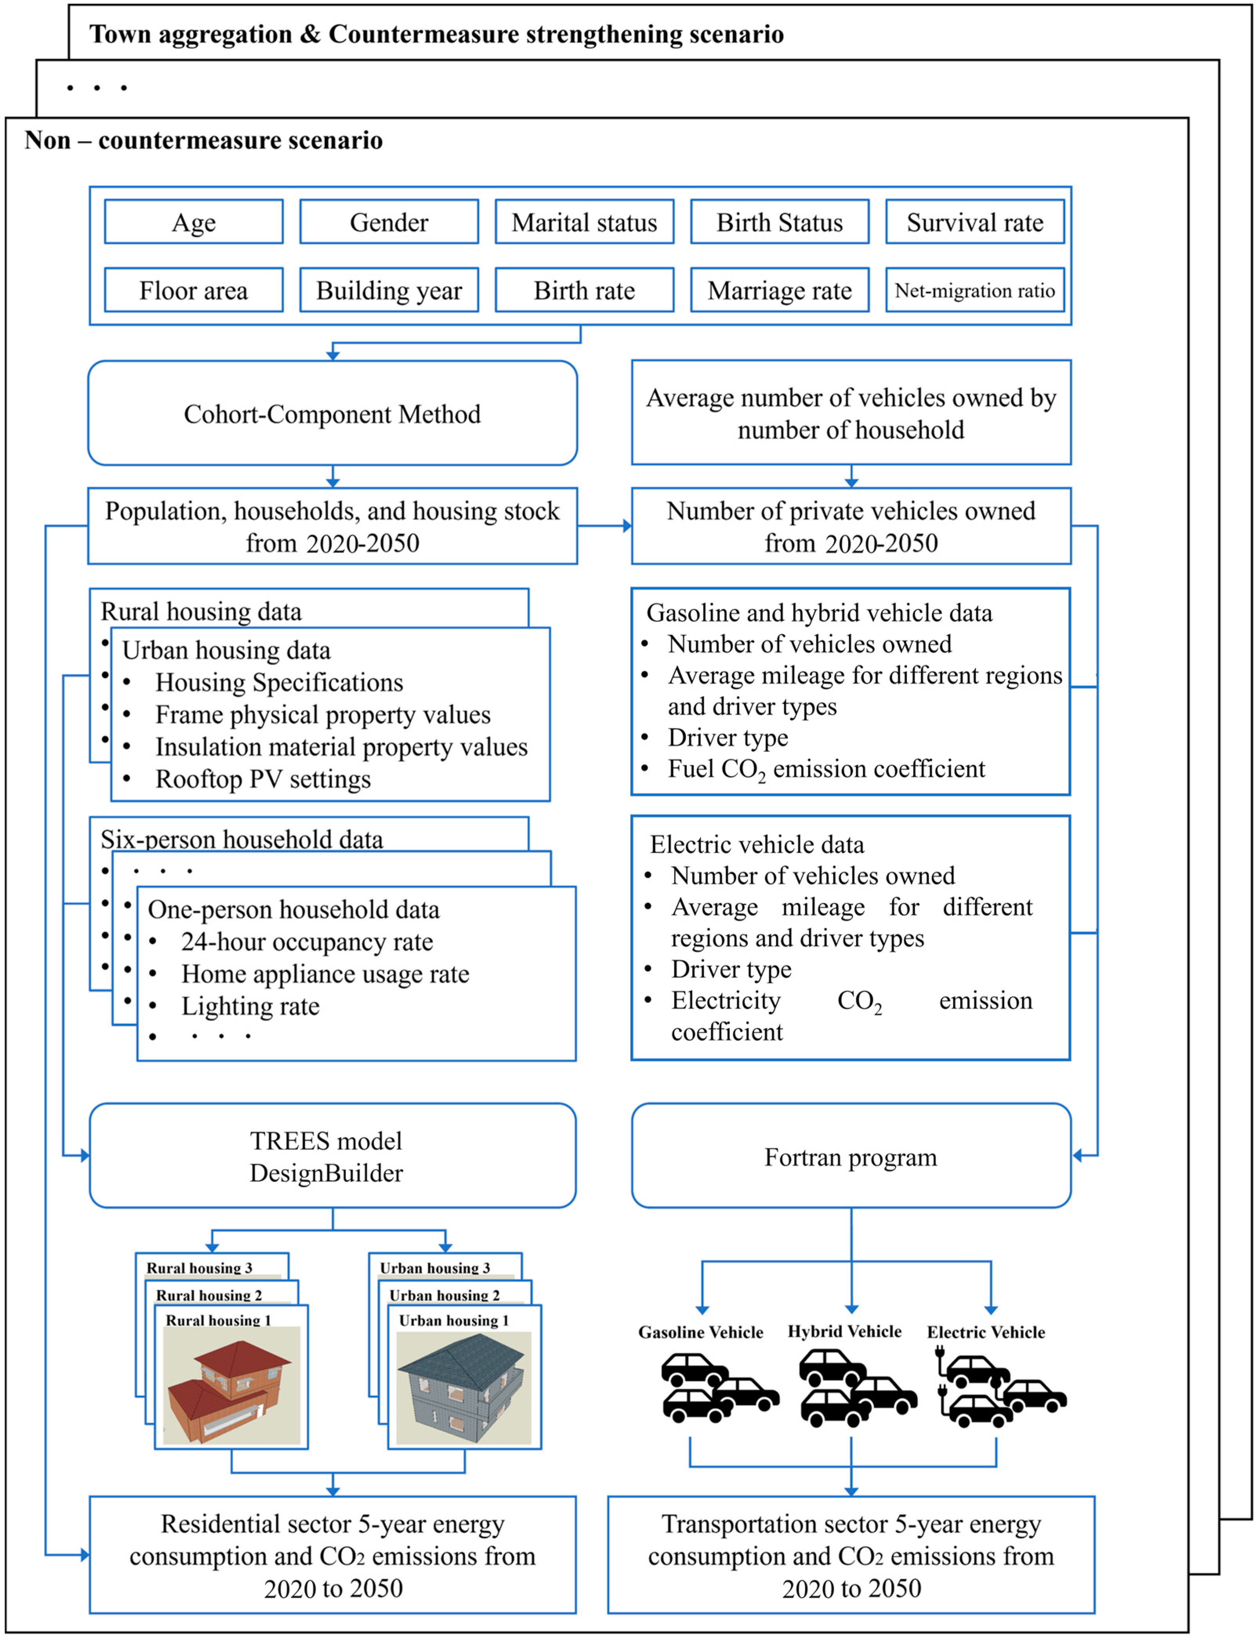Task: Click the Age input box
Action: (x=194, y=222)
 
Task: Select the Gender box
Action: (x=389, y=222)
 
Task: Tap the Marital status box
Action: (x=584, y=222)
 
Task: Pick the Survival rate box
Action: (x=974, y=222)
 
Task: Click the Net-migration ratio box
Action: (x=974, y=290)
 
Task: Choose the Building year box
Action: (x=389, y=290)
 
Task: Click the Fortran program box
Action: (x=851, y=1156)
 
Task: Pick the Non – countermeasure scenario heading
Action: (x=203, y=140)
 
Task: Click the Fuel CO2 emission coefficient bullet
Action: (x=826, y=769)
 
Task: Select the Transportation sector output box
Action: (x=851, y=1555)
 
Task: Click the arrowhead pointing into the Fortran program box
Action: (x=1078, y=1156)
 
